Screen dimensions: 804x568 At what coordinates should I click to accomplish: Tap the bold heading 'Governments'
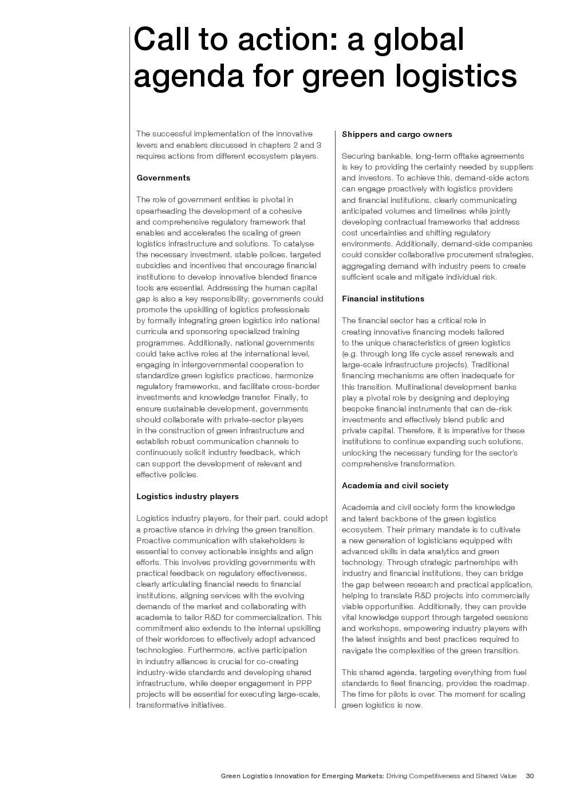click(163, 178)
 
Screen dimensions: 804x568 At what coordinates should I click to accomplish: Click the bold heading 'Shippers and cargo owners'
click(397, 134)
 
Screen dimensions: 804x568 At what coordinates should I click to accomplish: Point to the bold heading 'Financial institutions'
click(383, 299)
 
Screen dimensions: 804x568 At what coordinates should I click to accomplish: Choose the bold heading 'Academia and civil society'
click(395, 485)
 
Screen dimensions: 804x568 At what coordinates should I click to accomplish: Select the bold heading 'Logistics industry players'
click(187, 496)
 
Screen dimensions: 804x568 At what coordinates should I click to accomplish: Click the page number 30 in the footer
click(530, 776)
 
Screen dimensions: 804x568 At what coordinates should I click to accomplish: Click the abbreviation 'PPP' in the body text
click(303, 683)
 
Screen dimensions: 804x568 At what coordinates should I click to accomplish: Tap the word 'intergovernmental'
click(223, 364)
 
